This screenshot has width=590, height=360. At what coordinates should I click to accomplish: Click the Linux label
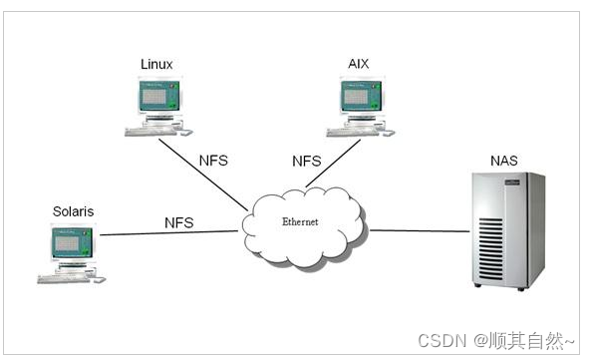coord(156,65)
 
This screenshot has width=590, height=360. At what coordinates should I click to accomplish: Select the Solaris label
coord(72,211)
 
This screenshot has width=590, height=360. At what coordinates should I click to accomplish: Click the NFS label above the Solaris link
coord(179,221)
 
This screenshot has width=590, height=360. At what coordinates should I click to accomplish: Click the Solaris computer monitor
coord(73,244)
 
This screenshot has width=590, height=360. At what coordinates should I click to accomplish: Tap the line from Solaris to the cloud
coord(169,234)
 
